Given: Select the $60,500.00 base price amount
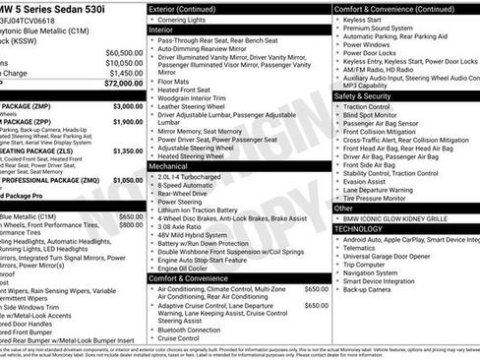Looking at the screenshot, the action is tap(123, 52).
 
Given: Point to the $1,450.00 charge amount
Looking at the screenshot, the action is tap(125, 74).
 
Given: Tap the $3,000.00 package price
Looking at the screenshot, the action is tap(128, 105).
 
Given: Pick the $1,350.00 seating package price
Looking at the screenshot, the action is tap(128, 150).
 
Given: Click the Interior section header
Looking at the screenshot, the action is tap(162, 30).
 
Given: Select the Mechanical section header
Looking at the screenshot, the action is tap(169, 166).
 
